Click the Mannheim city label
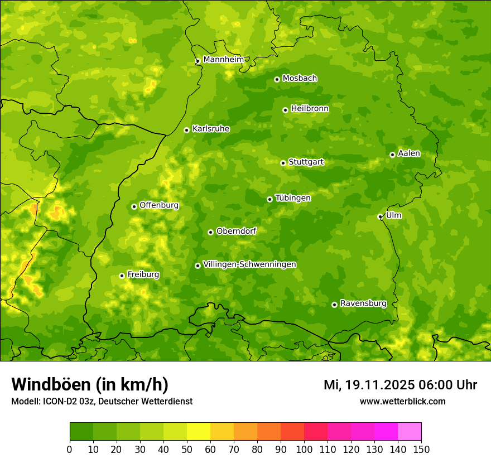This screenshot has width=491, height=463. [223, 60]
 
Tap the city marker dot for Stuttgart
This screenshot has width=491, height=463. [283, 163]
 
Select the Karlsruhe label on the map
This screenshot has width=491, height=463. [210, 129]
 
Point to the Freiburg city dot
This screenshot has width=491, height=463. [122, 276]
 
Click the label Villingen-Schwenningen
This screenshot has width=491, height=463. [249, 264]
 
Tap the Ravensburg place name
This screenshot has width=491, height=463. [363, 303]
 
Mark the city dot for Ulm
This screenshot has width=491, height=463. [380, 216]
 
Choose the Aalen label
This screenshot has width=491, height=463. [408, 153]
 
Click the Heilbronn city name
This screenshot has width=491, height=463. [309, 109]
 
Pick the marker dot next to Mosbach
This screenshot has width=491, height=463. [277, 79]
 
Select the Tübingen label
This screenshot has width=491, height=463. [292, 198]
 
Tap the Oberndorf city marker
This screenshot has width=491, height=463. [210, 232]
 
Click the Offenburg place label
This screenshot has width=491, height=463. [158, 205]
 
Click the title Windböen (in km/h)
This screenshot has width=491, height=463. [89, 384]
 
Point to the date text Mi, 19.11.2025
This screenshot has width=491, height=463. [368, 385]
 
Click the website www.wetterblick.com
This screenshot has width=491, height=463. [402, 401]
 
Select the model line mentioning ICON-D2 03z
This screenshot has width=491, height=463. [102, 401]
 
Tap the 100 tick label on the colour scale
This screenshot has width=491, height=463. [304, 449]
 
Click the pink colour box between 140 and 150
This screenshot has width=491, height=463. [410, 432]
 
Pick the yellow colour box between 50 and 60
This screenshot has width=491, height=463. [199, 432]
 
